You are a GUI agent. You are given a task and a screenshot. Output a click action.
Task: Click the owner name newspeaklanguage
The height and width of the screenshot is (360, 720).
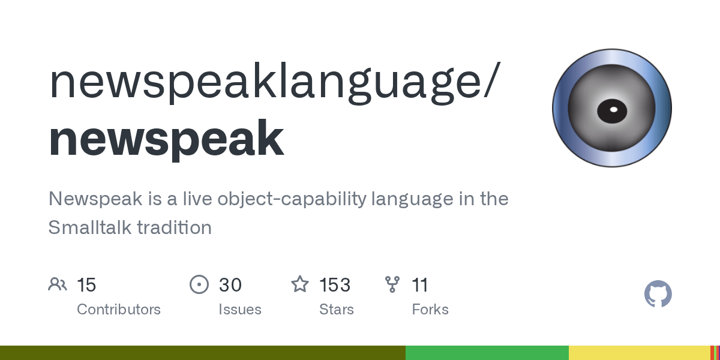tap(269, 83)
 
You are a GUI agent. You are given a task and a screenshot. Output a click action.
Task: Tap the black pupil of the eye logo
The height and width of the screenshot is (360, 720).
tap(612, 111)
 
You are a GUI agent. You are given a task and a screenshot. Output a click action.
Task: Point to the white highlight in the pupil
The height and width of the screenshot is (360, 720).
tap(614, 110)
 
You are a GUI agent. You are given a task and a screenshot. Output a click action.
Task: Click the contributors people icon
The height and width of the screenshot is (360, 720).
tap(58, 284)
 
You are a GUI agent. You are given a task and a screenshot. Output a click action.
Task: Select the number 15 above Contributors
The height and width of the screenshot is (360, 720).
tap(86, 285)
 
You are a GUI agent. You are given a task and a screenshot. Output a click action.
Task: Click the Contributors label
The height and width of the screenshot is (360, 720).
tap(119, 310)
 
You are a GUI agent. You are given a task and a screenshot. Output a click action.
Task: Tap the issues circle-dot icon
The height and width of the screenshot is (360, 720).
tap(199, 284)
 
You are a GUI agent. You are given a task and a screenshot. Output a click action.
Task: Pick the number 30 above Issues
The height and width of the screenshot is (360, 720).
tap(230, 285)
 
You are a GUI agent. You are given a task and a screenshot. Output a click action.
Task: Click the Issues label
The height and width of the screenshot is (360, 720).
tap(240, 310)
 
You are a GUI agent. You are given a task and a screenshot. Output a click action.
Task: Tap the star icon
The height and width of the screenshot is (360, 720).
tap(300, 284)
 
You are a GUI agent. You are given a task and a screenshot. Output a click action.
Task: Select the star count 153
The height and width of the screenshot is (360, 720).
tap(335, 285)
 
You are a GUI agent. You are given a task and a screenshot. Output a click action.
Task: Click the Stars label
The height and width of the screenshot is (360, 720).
tap(337, 310)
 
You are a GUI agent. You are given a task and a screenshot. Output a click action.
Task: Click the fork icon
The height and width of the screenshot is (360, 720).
tap(392, 284)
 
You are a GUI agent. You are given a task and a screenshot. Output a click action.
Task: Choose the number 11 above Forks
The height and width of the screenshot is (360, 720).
tap(420, 285)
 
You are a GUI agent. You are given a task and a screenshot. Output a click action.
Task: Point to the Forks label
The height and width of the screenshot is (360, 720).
tap(430, 310)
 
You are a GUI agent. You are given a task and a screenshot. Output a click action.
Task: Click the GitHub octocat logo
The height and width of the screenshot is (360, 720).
tap(658, 294)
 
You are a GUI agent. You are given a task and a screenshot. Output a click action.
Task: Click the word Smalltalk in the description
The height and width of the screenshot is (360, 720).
tap(89, 227)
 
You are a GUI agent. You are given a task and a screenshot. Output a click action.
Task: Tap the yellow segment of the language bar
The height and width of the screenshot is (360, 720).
tap(640, 353)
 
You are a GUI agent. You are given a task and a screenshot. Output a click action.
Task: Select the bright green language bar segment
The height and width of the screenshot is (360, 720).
tap(487, 353)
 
